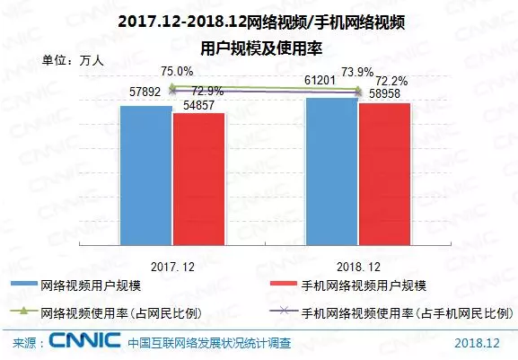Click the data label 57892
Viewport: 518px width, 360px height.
coord(145,92)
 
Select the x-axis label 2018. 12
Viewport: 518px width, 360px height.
coord(356,267)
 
